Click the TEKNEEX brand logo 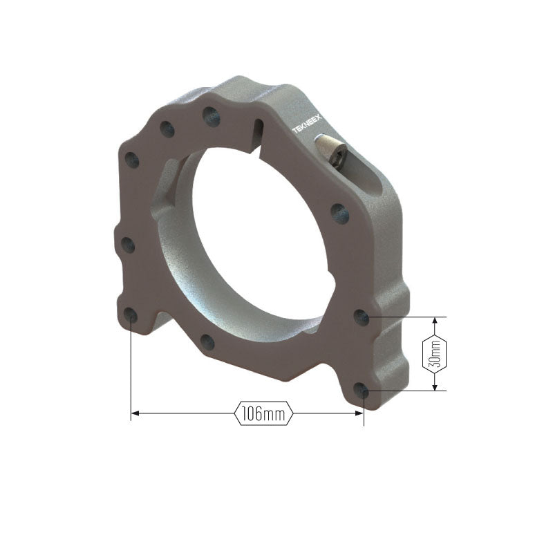click(x=307, y=124)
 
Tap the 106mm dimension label click(x=263, y=413)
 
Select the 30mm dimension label click(x=435, y=354)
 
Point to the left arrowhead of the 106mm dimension click(x=135, y=413)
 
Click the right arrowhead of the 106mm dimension click(x=359, y=413)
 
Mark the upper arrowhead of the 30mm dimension click(x=435, y=321)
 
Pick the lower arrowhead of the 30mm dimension click(x=435, y=386)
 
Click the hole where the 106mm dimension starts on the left click(x=131, y=314)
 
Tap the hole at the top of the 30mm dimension click(x=362, y=317)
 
